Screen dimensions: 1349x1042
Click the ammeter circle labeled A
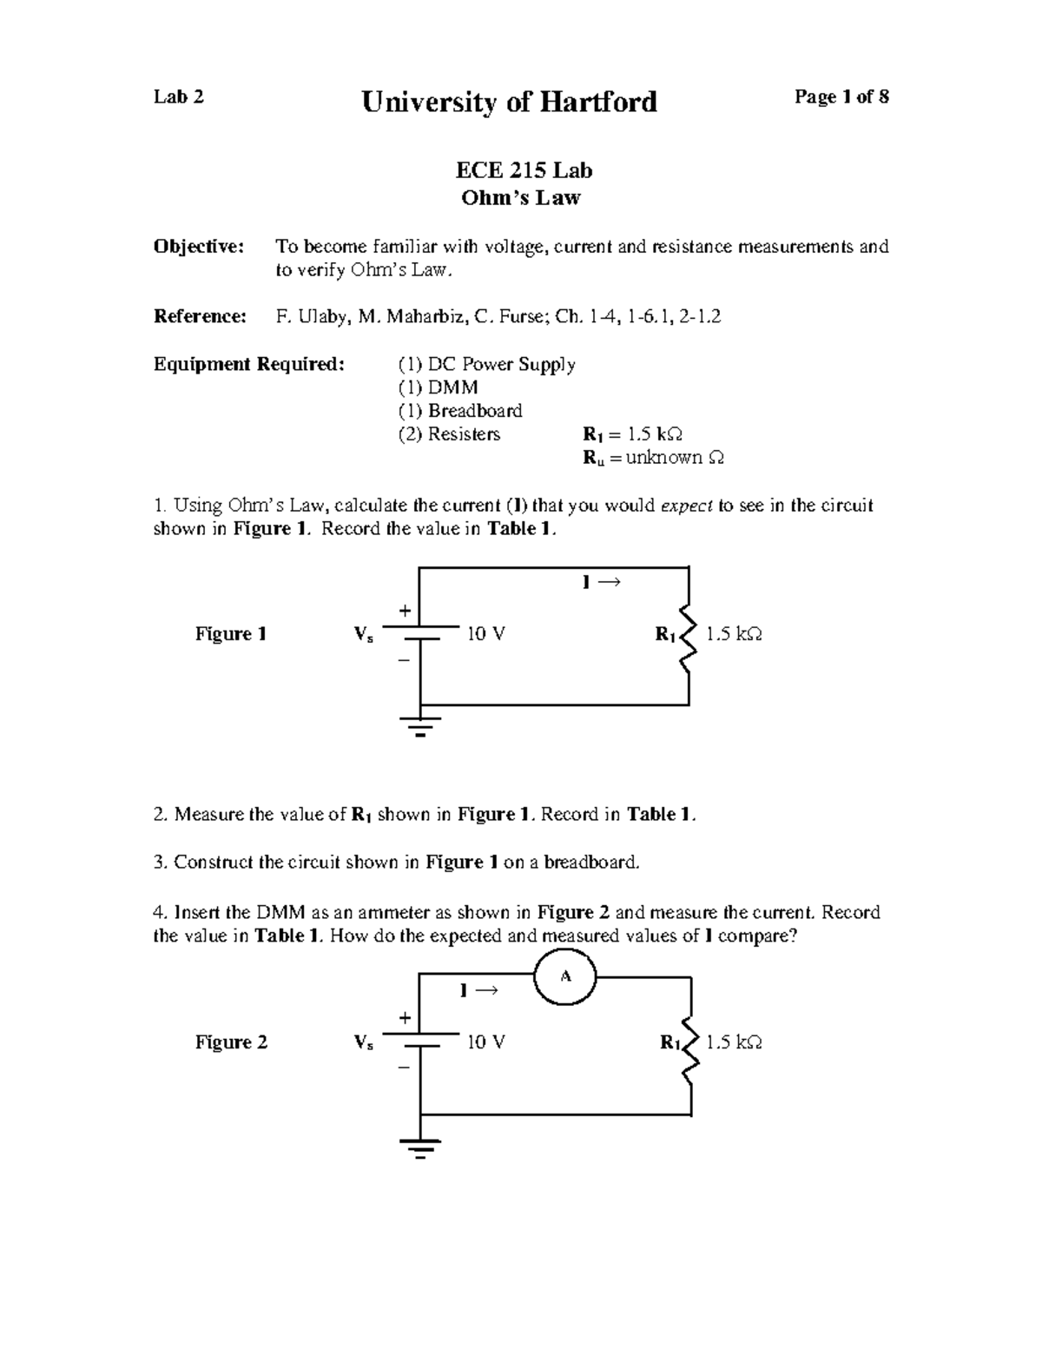point(564,976)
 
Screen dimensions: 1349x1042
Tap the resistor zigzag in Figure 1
point(688,636)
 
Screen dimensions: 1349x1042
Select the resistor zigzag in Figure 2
point(690,1044)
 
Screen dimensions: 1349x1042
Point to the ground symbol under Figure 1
point(420,724)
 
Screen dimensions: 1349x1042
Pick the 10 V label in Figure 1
point(486,634)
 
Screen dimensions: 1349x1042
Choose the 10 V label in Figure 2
point(486,1042)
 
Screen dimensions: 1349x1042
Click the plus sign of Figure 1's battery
point(404,611)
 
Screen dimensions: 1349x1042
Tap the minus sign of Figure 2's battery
point(403,1067)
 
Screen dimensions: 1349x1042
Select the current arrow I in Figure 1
point(601,582)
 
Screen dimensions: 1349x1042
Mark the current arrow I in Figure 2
point(478,990)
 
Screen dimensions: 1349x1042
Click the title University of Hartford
point(509,102)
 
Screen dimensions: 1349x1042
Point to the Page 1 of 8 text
point(841,96)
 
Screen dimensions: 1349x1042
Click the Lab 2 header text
point(179,96)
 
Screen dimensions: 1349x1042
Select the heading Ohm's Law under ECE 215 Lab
point(521,198)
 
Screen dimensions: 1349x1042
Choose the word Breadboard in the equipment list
point(475,410)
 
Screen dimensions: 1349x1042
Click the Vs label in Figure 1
point(364,635)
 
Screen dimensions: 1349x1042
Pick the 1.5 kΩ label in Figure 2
point(734,1042)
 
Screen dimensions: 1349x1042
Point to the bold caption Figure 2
point(231,1042)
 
